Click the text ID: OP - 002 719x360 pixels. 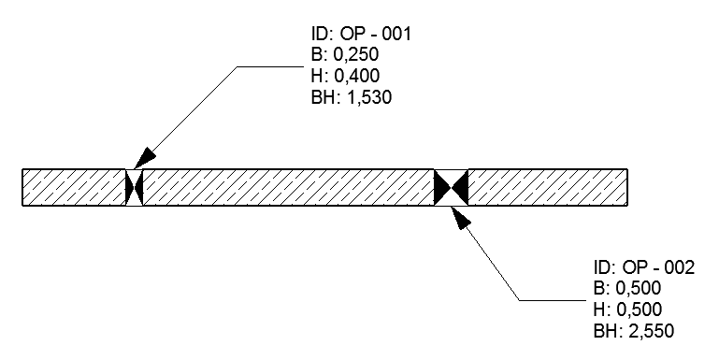pos(643,268)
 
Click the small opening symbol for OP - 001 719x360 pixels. pos(134,187)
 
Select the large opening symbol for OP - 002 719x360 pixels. pos(451,187)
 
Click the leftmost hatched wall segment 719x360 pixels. pos(73,187)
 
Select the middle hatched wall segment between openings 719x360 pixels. pos(288,187)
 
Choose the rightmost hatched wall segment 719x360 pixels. pos(547,187)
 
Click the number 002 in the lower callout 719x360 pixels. pos(679,268)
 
